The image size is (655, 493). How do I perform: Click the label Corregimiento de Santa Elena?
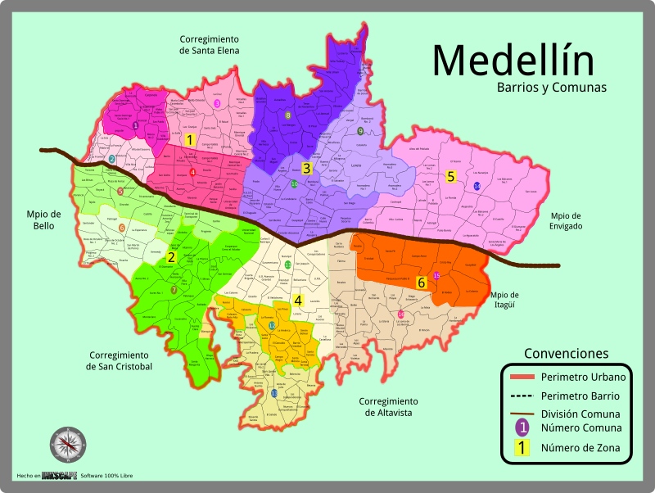tap(210, 44)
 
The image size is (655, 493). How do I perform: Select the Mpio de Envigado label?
tap(560, 220)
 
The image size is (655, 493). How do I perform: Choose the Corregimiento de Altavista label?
tap(388, 407)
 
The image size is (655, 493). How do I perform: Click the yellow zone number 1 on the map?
tap(190, 141)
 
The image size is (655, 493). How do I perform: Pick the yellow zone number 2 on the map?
tap(171, 257)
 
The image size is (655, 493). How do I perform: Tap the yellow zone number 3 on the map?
tap(306, 169)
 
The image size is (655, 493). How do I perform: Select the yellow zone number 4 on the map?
tap(298, 301)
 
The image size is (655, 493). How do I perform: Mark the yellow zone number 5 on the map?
tap(450, 176)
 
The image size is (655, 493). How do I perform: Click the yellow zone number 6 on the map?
tap(422, 283)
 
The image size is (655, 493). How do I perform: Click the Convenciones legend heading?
tap(566, 354)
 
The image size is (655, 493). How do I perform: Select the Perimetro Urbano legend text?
tap(583, 378)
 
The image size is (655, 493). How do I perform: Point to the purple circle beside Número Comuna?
tap(522, 427)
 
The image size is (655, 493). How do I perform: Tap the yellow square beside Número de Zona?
tap(522, 448)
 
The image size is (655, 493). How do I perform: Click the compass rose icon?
tap(67, 445)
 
